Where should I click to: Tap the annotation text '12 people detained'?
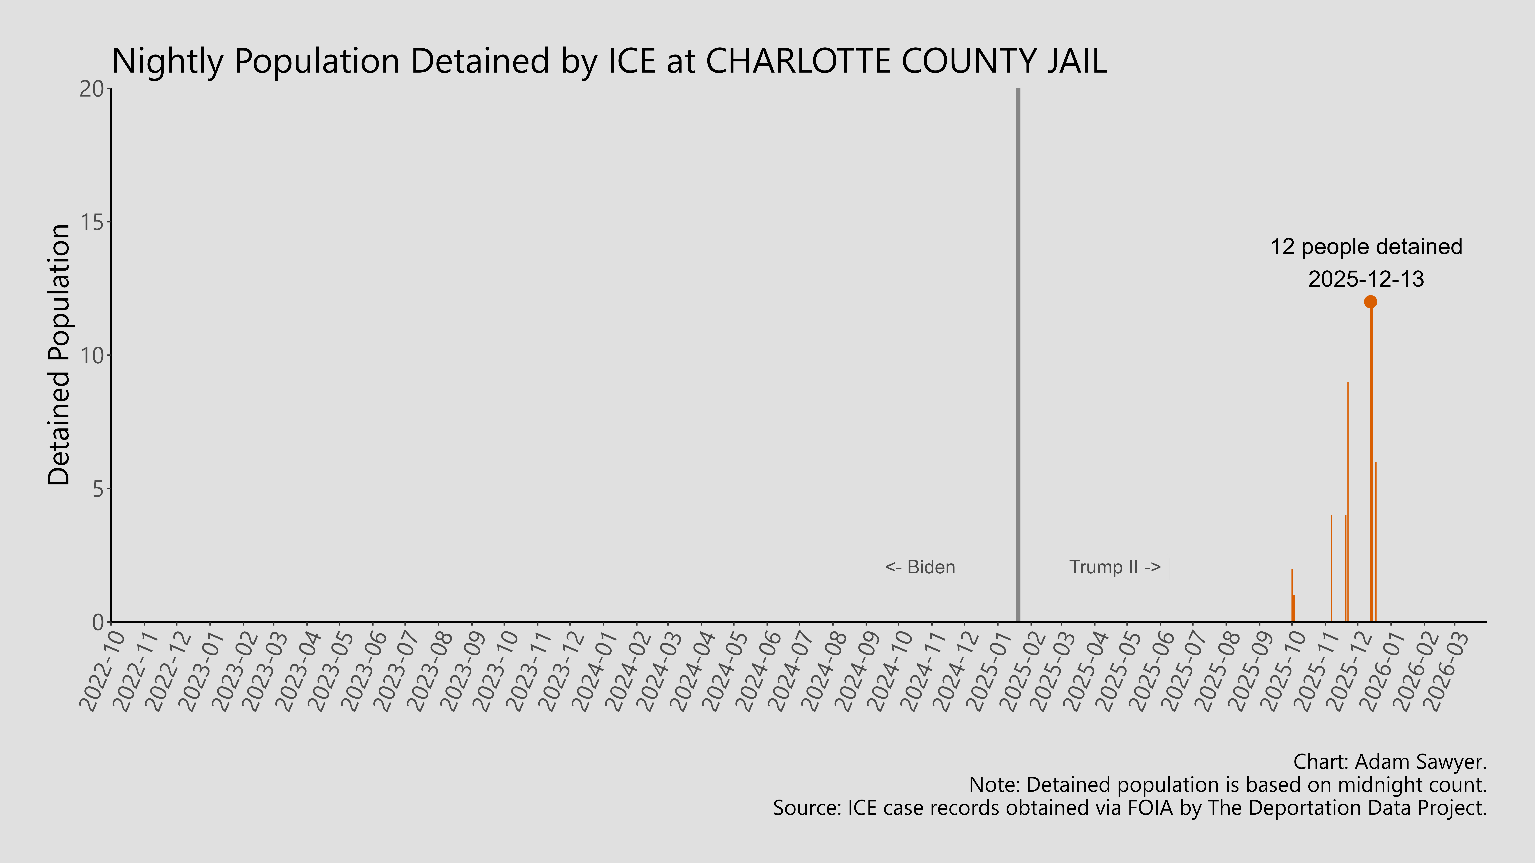pos(1366,247)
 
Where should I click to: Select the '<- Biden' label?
pos(920,567)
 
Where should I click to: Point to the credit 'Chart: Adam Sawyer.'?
pos(1390,762)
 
